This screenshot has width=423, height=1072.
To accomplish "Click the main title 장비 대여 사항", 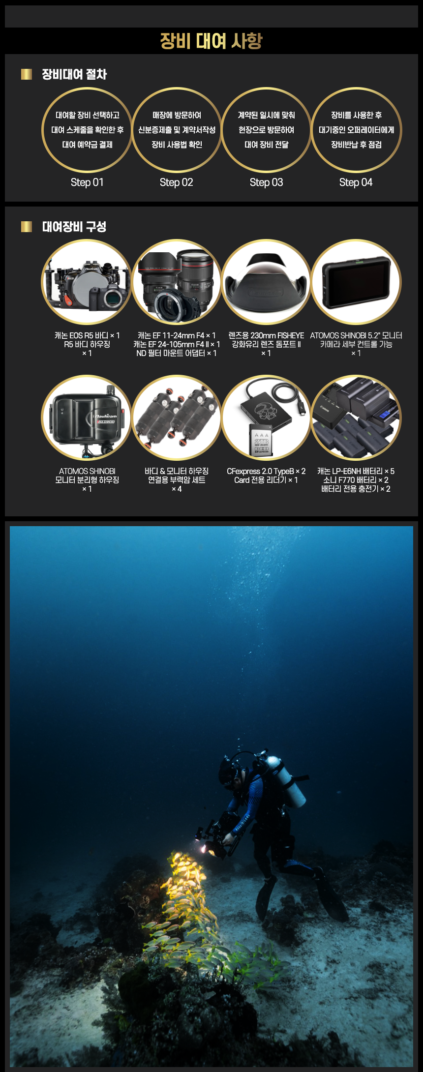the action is (x=211, y=41).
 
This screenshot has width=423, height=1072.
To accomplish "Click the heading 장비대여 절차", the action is (x=74, y=74).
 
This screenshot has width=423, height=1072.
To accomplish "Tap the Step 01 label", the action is (x=87, y=182).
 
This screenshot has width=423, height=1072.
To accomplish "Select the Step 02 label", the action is (x=177, y=182).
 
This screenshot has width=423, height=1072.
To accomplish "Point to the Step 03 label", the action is (x=267, y=182).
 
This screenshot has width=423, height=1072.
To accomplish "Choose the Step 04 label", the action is (x=356, y=182).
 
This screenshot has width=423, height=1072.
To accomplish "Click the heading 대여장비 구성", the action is (x=74, y=227).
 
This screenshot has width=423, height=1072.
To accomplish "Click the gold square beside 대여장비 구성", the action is (x=27, y=226).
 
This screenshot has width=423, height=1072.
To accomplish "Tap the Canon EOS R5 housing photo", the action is (x=87, y=282).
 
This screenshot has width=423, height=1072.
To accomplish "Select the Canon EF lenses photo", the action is (x=177, y=282).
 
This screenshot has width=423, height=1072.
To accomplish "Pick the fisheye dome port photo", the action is (x=266, y=282).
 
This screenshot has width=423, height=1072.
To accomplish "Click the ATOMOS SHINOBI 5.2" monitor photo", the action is (x=356, y=282).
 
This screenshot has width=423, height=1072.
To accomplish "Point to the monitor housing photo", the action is (x=87, y=418).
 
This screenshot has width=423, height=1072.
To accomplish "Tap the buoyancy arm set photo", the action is (x=177, y=418).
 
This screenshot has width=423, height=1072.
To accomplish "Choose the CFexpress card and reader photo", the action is (x=266, y=418).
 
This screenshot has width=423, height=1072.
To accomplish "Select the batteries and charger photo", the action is (x=356, y=418).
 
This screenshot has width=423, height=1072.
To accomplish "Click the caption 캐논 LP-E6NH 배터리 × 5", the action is (x=356, y=471).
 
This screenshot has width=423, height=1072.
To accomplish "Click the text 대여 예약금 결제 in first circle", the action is (x=87, y=145).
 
